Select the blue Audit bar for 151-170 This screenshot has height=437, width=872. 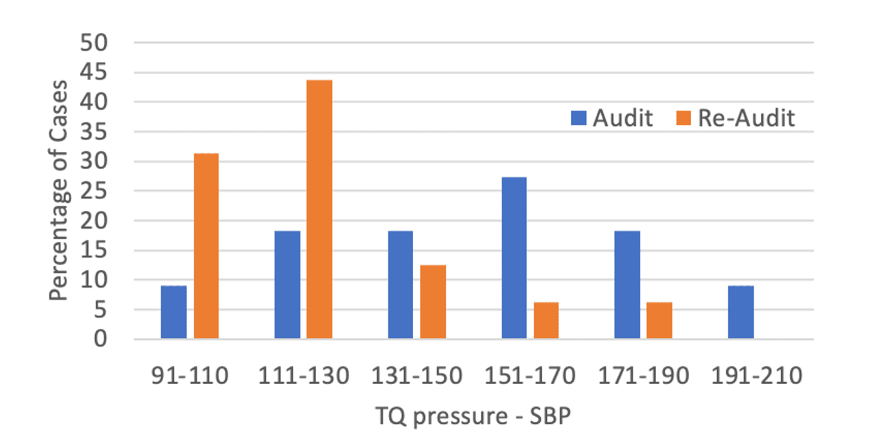pyautogui.click(x=514, y=258)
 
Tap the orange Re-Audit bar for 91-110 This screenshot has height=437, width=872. pyautogui.click(x=206, y=246)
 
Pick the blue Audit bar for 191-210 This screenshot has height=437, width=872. pyautogui.click(x=741, y=312)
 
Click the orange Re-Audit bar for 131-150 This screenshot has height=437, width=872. pyautogui.click(x=433, y=301)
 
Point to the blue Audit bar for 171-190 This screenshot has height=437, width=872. pyautogui.click(x=627, y=285)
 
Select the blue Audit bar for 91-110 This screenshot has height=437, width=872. pyautogui.click(x=174, y=312)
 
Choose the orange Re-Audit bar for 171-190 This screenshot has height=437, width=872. pyautogui.click(x=659, y=320)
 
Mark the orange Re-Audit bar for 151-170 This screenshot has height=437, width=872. pyautogui.click(x=546, y=320)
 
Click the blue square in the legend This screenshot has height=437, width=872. pyautogui.click(x=578, y=118)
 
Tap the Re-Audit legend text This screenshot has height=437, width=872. pyautogui.click(x=746, y=118)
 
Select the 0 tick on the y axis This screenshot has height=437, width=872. pyautogui.click(x=100, y=339)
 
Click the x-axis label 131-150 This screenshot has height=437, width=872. pyautogui.click(x=417, y=376)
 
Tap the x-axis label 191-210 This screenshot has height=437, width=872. pyautogui.click(x=757, y=376)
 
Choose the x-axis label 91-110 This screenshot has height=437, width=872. pyautogui.click(x=190, y=376)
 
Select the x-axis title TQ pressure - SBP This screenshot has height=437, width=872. pyautogui.click(x=473, y=416)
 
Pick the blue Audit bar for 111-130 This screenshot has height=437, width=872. pyautogui.click(x=287, y=285)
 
